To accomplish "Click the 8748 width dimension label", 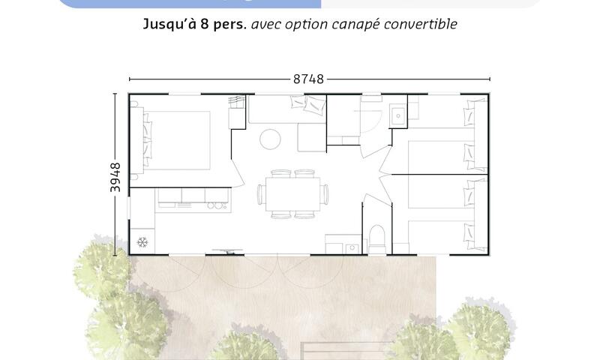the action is click(308, 79).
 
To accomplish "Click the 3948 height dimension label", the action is click(115, 177).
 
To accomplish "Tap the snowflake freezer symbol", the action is click(142, 242).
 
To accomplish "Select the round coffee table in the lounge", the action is click(270, 139).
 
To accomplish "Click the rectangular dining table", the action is click(293, 194).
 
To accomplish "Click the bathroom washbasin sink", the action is click(398, 115).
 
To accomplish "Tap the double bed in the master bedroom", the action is click(176, 140).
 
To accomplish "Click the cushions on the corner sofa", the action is click(308, 103).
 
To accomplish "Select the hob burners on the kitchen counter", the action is click(216, 206).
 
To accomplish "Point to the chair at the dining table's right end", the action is click(325, 194).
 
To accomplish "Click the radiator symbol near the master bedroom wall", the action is click(237, 102).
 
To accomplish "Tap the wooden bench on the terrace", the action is click(347, 351).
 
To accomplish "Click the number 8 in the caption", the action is click(205, 24).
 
